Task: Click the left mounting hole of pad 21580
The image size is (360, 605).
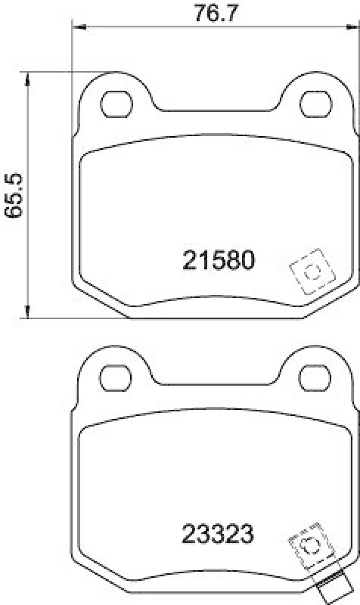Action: (x=116, y=102)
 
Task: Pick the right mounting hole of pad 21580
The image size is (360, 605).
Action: (x=313, y=102)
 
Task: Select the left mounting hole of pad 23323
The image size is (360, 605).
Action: (x=116, y=376)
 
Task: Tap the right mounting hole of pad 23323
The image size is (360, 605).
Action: (x=313, y=376)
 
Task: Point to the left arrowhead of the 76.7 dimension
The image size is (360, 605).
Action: (x=76, y=27)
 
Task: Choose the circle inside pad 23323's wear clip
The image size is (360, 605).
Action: (x=309, y=546)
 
